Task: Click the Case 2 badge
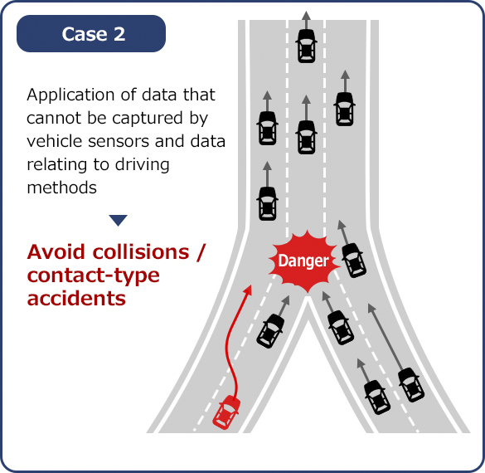click(91, 33)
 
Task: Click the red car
click(226, 412)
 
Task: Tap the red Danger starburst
click(303, 261)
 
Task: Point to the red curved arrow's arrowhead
click(248, 290)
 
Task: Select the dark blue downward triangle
click(119, 220)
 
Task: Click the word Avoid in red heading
click(56, 251)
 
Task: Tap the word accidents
click(76, 298)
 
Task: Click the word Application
click(70, 95)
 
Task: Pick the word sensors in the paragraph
click(119, 141)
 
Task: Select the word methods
click(62, 188)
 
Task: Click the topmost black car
click(306, 46)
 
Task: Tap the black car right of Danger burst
click(353, 261)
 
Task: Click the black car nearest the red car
click(270, 330)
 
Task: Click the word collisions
click(141, 251)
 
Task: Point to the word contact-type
click(94, 276)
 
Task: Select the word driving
click(143, 165)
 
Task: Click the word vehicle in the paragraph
click(55, 141)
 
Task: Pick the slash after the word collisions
click(201, 252)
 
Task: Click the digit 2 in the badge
click(119, 34)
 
